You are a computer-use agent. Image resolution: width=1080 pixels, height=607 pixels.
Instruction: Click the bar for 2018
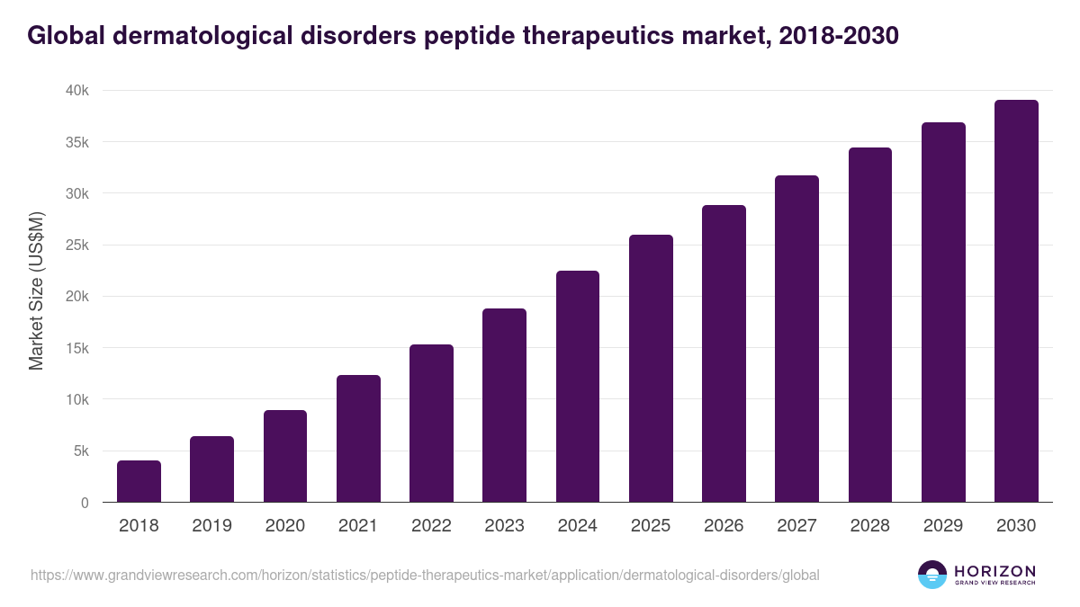pyautogui.click(x=139, y=481)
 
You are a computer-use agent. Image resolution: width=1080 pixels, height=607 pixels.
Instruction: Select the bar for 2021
pyautogui.click(x=358, y=439)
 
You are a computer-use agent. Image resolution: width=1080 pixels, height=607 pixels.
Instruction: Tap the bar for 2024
pyautogui.click(x=578, y=387)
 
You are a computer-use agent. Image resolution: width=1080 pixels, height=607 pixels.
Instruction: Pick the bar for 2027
pyautogui.click(x=796, y=339)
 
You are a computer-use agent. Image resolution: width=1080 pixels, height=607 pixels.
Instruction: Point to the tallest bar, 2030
pyautogui.click(x=1016, y=301)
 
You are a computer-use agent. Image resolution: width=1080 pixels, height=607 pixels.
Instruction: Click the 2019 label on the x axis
pyautogui.click(x=211, y=526)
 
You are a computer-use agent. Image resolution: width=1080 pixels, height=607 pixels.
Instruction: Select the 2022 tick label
pyautogui.click(x=431, y=526)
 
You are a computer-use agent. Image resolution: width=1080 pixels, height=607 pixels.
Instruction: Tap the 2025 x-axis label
pyautogui.click(x=651, y=526)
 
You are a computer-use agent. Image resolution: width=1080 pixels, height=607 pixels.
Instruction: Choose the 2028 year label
pyautogui.click(x=870, y=526)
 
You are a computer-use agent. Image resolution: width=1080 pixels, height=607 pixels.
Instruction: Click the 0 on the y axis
pyautogui.click(x=85, y=503)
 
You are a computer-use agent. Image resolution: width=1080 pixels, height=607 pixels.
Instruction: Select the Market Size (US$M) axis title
pyautogui.click(x=36, y=291)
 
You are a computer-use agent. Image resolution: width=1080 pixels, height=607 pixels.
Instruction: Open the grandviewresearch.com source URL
pyautogui.click(x=425, y=575)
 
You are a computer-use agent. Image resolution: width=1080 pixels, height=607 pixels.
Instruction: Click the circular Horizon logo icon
pyautogui.click(x=932, y=575)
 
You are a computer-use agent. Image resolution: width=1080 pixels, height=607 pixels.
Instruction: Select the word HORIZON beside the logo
pyautogui.click(x=994, y=571)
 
